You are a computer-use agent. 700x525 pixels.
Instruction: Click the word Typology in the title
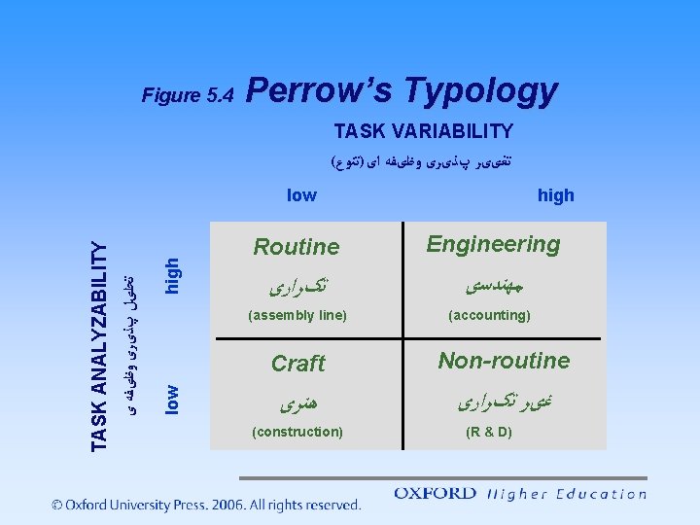tap(482, 91)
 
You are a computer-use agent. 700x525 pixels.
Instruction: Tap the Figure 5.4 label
tap(188, 95)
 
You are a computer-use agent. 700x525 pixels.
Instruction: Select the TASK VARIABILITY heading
tap(423, 131)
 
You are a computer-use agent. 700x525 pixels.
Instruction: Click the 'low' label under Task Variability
tap(301, 194)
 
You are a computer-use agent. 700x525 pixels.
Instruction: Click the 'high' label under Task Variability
tap(556, 194)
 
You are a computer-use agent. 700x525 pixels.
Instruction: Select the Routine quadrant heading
tap(297, 247)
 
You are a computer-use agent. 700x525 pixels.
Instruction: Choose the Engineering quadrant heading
tap(494, 244)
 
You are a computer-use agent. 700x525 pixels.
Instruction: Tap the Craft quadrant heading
tap(297, 364)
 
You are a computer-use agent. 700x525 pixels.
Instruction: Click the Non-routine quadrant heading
tap(504, 361)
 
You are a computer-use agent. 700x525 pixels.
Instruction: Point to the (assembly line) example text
tap(297, 315)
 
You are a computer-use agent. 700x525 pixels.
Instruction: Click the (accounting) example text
tap(489, 315)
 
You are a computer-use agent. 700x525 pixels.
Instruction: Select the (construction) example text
tap(297, 431)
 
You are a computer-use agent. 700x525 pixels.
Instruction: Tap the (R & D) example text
tap(489, 431)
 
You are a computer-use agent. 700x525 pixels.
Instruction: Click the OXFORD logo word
tap(435, 493)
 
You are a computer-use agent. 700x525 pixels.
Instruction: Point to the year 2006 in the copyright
tap(225, 505)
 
